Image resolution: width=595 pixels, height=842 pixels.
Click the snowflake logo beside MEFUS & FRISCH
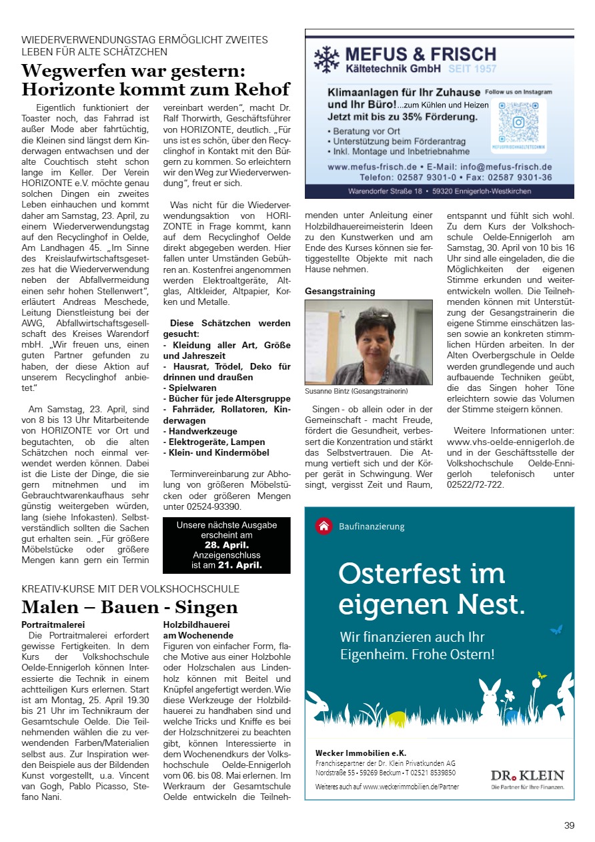pyautogui.click(x=326, y=59)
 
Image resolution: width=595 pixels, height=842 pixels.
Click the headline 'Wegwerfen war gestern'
pyautogui.click(x=133, y=70)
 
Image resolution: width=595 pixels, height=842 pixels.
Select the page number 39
pyautogui.click(x=569, y=825)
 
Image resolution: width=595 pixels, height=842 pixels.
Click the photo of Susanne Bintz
pyautogui.click(x=368, y=342)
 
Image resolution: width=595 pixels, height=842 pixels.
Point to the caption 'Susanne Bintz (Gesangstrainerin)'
pyautogui.click(x=356, y=392)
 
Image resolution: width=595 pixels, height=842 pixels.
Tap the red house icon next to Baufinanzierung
pyautogui.click(x=324, y=526)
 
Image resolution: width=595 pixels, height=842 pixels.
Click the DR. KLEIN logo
pyautogui.click(x=527, y=775)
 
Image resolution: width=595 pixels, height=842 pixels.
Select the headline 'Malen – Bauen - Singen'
pyautogui.click(x=129, y=607)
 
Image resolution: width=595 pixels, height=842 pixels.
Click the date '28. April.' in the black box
pyautogui.click(x=227, y=544)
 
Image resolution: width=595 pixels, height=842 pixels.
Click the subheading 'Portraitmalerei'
pyautogui.click(x=53, y=624)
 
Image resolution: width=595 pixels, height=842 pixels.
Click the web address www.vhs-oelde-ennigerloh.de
pyautogui.click(x=510, y=442)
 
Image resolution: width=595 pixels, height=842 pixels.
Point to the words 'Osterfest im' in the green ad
pyautogui.click(x=422, y=573)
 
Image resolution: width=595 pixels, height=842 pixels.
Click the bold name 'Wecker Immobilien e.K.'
pyautogui.click(x=360, y=753)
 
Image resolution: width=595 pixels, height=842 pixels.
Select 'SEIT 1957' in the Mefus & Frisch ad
pyautogui.click(x=472, y=69)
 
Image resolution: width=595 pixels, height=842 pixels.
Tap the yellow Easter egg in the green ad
pyautogui.click(x=397, y=718)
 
